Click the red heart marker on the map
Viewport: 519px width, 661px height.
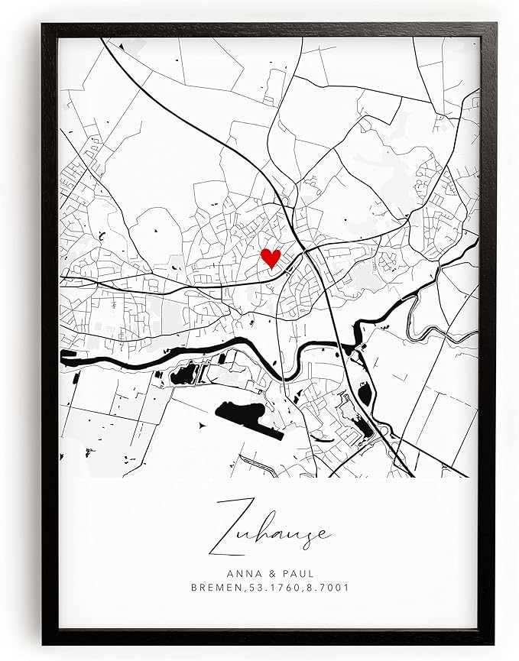tap(271, 258)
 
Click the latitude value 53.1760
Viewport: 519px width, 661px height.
tap(275, 589)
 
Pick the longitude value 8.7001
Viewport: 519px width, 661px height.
tap(328, 589)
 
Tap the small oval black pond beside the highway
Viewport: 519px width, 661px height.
tap(365, 394)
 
